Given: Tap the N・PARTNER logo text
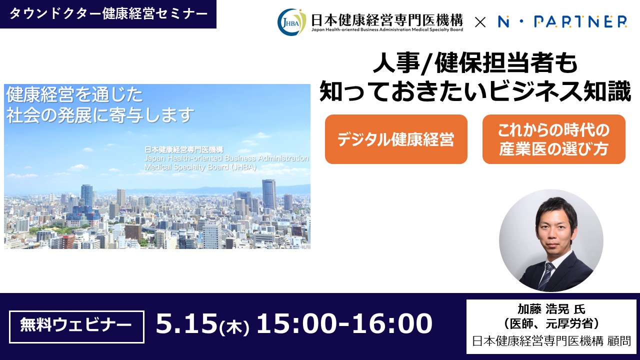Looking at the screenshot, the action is pos(562,21).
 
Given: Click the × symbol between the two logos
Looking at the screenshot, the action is pos(480,22).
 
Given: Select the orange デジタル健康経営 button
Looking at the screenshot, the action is pos(396,139).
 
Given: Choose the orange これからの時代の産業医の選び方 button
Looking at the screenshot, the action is pos(554,139).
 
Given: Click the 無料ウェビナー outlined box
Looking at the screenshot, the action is pos(76,327).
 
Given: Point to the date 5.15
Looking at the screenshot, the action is pos(186,323).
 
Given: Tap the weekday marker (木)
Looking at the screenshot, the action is pos(234,327).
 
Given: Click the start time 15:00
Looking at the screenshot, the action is pos(296,323).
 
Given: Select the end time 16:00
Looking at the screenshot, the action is pos(392,323).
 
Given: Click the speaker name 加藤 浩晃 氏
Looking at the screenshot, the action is pos(551,309).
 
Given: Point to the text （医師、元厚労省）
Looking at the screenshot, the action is pos(551,323).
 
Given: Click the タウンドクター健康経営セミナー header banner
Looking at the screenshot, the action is pos(108,14).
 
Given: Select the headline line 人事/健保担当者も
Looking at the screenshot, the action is pos(475,63).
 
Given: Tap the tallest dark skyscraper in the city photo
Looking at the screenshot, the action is pos(269,194).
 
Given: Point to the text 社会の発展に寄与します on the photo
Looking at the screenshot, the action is pos(100,115).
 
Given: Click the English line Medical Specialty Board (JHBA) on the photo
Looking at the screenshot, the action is pos(200,167).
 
